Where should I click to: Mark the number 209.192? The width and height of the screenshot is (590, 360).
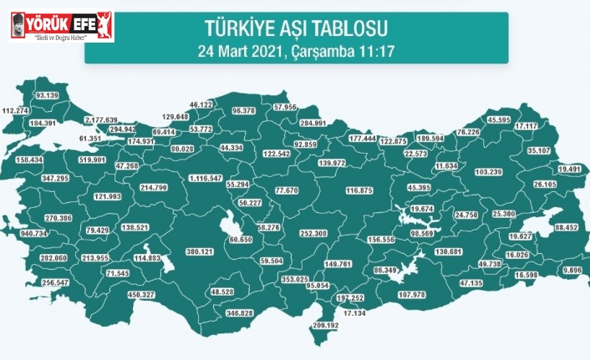(x=326, y=325)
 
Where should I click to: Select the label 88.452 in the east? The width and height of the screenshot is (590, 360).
(x=566, y=226)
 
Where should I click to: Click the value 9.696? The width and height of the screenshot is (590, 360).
(x=572, y=271)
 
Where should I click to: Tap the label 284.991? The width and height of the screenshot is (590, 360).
(x=313, y=123)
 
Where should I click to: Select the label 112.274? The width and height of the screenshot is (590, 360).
(x=16, y=110)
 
